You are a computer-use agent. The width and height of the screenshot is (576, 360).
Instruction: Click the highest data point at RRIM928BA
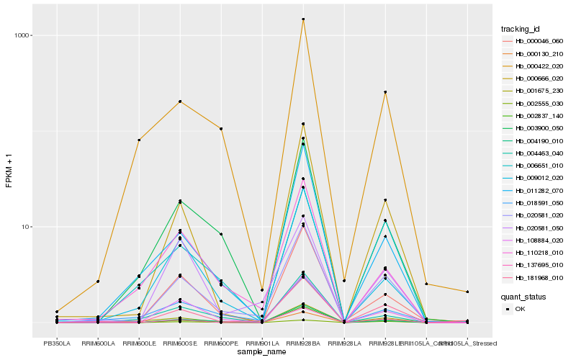click(x=303, y=19)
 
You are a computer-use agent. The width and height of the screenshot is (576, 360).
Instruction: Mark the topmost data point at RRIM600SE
click(x=180, y=102)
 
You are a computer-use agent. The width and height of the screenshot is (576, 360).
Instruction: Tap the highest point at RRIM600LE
click(x=139, y=140)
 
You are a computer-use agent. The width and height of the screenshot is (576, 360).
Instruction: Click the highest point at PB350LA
click(x=57, y=312)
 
